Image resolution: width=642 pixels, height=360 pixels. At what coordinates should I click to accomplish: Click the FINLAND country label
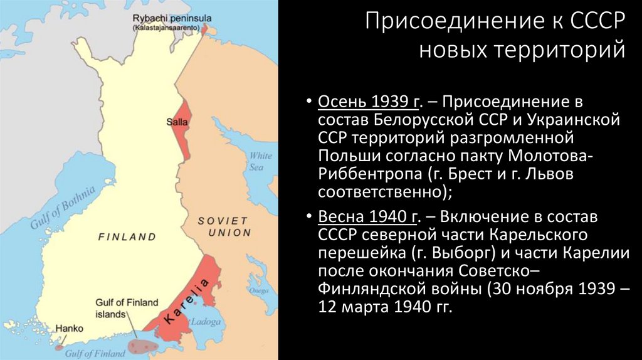(x=127, y=237)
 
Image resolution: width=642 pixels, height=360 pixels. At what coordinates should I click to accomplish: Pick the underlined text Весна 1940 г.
(x=369, y=218)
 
